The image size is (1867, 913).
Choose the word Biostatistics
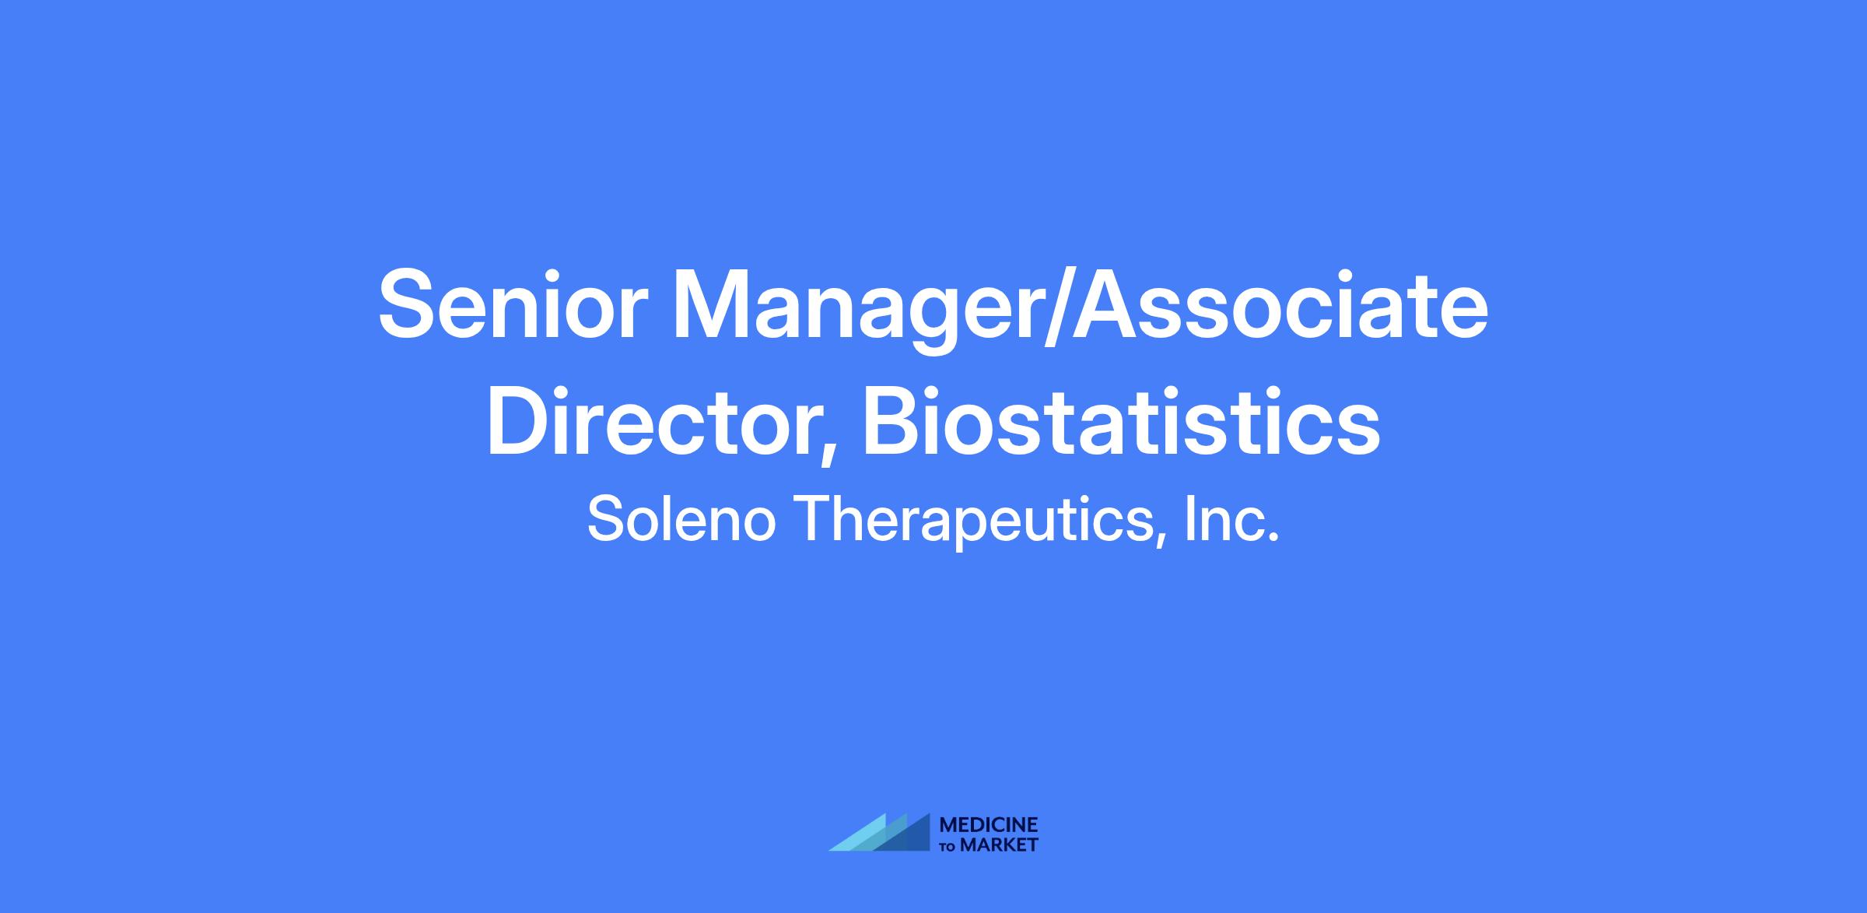tap(1122, 420)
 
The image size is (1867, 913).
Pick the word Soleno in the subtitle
tap(681, 519)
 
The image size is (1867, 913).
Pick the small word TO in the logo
tap(949, 846)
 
